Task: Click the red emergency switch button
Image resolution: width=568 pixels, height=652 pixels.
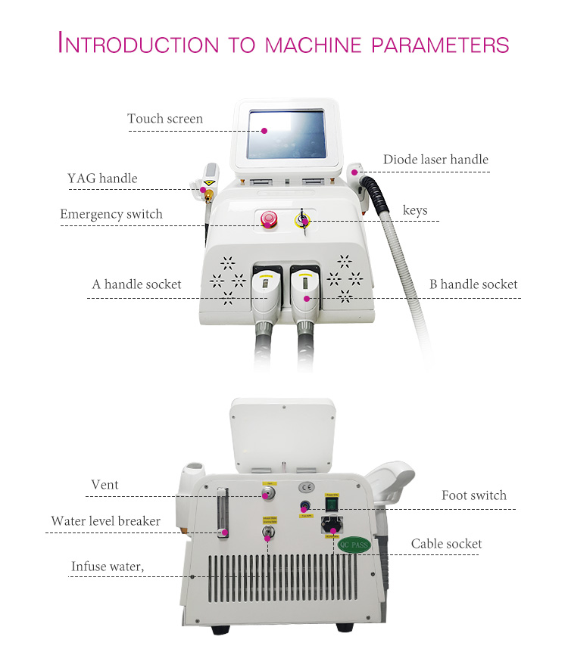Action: coord(267,219)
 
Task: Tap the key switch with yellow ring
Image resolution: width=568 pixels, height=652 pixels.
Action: coord(302,220)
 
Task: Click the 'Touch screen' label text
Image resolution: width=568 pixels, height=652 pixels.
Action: coord(165,119)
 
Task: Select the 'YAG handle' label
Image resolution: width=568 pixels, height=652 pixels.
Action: coord(102,179)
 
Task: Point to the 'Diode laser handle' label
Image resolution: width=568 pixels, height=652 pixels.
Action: coord(435,160)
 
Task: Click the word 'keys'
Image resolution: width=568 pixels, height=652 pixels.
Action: coord(415,210)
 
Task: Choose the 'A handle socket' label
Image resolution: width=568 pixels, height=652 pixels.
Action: coord(137,284)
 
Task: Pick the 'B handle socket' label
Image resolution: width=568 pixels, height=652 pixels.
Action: coord(473,284)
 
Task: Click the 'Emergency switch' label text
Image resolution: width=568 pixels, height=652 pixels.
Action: coord(111,214)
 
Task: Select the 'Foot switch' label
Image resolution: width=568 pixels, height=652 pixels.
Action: coord(474,495)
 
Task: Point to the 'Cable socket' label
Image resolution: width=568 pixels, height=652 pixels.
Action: coord(446,544)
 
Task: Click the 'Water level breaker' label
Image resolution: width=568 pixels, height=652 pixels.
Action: coord(106,521)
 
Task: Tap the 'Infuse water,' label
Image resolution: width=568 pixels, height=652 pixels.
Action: coord(108,566)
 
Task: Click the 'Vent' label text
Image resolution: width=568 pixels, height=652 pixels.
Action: coord(105,485)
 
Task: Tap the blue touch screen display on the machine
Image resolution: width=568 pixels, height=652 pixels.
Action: coord(286,134)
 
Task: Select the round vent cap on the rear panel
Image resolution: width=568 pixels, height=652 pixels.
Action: coord(267,495)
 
